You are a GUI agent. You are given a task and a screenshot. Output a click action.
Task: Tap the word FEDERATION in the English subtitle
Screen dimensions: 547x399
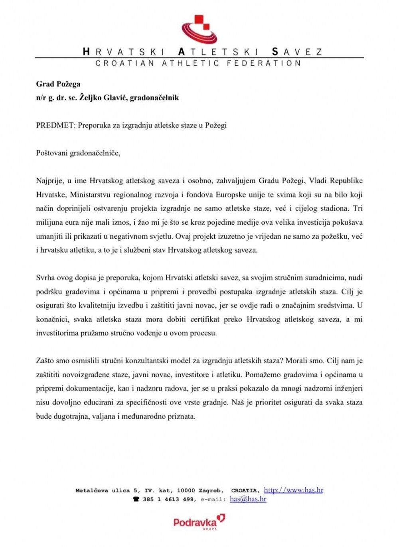264,63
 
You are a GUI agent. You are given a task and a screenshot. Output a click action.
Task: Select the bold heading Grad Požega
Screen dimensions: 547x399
58,84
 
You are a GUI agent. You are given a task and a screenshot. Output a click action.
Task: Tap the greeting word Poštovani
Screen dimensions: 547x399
52,153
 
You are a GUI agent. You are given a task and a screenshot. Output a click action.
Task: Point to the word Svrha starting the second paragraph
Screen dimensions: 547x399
45,278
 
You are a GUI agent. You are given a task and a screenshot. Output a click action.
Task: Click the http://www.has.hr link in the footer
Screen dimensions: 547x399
293,490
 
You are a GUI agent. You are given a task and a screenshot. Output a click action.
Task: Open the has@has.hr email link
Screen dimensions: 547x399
248,499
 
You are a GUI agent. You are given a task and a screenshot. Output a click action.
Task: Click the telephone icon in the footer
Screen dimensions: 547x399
136,499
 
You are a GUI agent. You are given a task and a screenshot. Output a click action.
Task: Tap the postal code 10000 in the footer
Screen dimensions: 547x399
186,490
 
